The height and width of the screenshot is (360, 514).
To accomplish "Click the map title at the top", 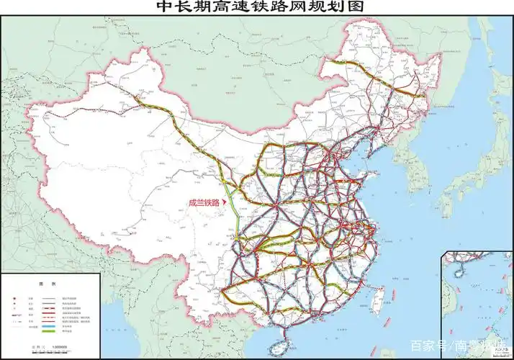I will pyautogui.click(x=256, y=7).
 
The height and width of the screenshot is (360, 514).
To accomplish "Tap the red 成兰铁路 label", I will pyautogui.click(x=203, y=203).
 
